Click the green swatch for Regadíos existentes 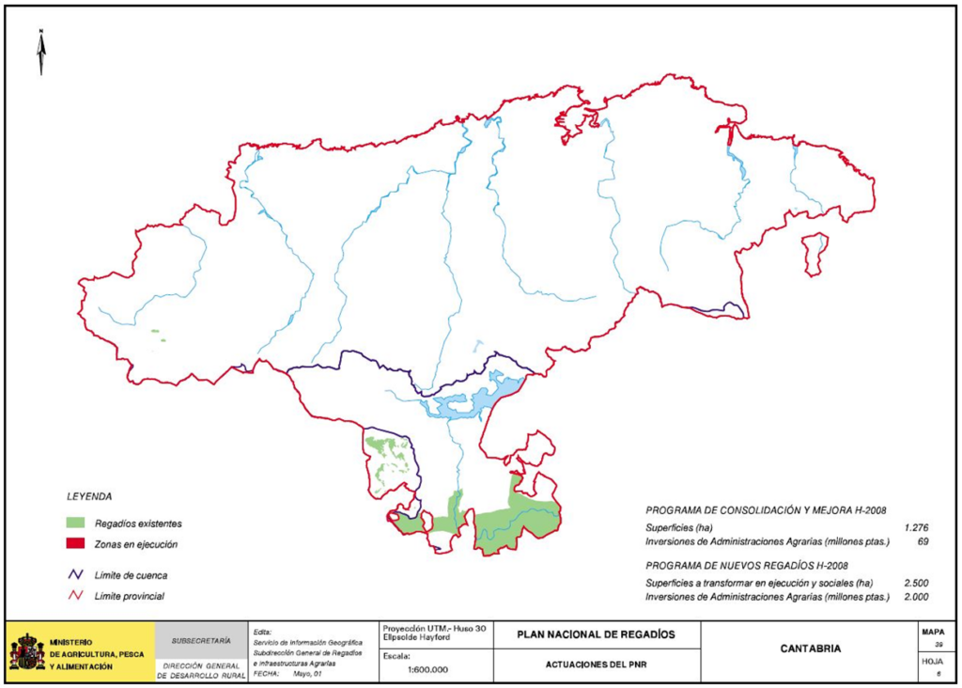click(x=75, y=523)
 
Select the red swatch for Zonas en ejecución click(x=75, y=543)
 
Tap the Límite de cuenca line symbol click(x=75, y=574)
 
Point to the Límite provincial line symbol click(x=75, y=596)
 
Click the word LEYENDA click(x=89, y=495)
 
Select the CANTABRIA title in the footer click(x=811, y=649)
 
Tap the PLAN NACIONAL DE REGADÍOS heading click(x=596, y=633)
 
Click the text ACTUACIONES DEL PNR click(x=596, y=665)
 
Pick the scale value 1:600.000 click(x=427, y=669)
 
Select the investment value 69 click(x=923, y=541)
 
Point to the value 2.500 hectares click(x=915, y=583)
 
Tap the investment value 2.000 click(x=915, y=597)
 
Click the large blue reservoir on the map click(x=470, y=399)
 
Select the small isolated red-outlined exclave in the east click(x=815, y=251)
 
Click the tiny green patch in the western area click(x=158, y=331)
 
